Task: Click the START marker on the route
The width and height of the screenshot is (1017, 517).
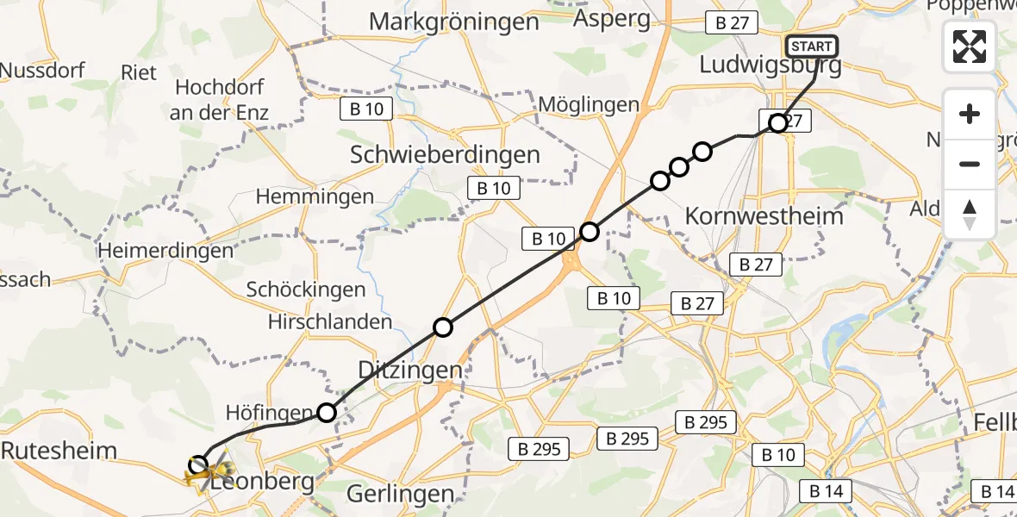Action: [x=811, y=47]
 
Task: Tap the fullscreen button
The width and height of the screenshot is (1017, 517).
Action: [x=970, y=47]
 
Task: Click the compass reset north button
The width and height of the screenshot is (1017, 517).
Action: [x=970, y=215]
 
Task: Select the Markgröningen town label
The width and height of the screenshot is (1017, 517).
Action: [x=454, y=22]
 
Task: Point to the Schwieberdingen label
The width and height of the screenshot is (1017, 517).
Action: [x=446, y=154]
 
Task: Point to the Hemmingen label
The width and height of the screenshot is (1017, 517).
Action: [x=315, y=196]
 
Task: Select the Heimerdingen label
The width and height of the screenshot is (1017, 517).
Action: [x=165, y=251]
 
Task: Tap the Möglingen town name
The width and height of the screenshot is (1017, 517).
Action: [x=589, y=105]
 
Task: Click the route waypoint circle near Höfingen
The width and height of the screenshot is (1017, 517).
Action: [x=327, y=413]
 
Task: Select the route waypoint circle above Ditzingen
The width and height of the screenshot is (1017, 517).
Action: [x=442, y=327]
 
